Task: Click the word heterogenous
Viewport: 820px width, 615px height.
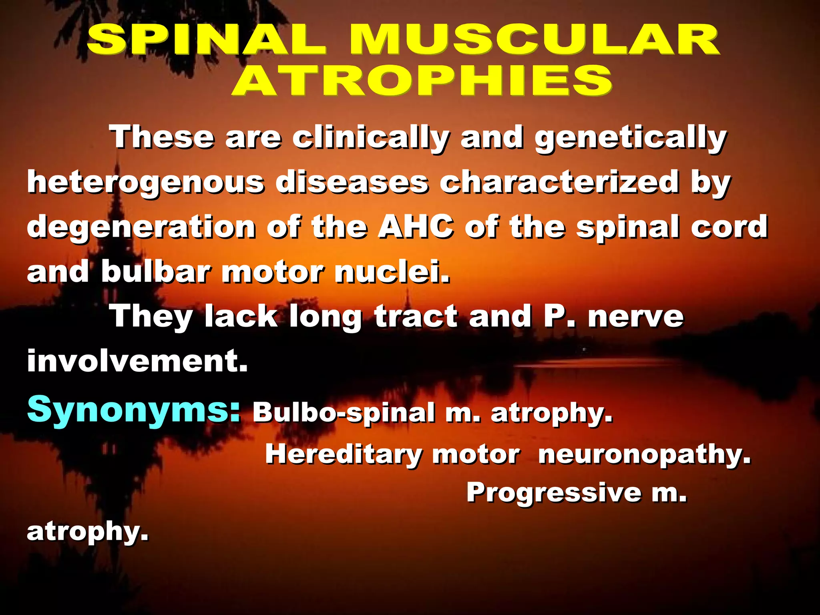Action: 146,183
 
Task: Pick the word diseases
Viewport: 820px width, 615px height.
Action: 352,183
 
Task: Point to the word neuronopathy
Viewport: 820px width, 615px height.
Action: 644,455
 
